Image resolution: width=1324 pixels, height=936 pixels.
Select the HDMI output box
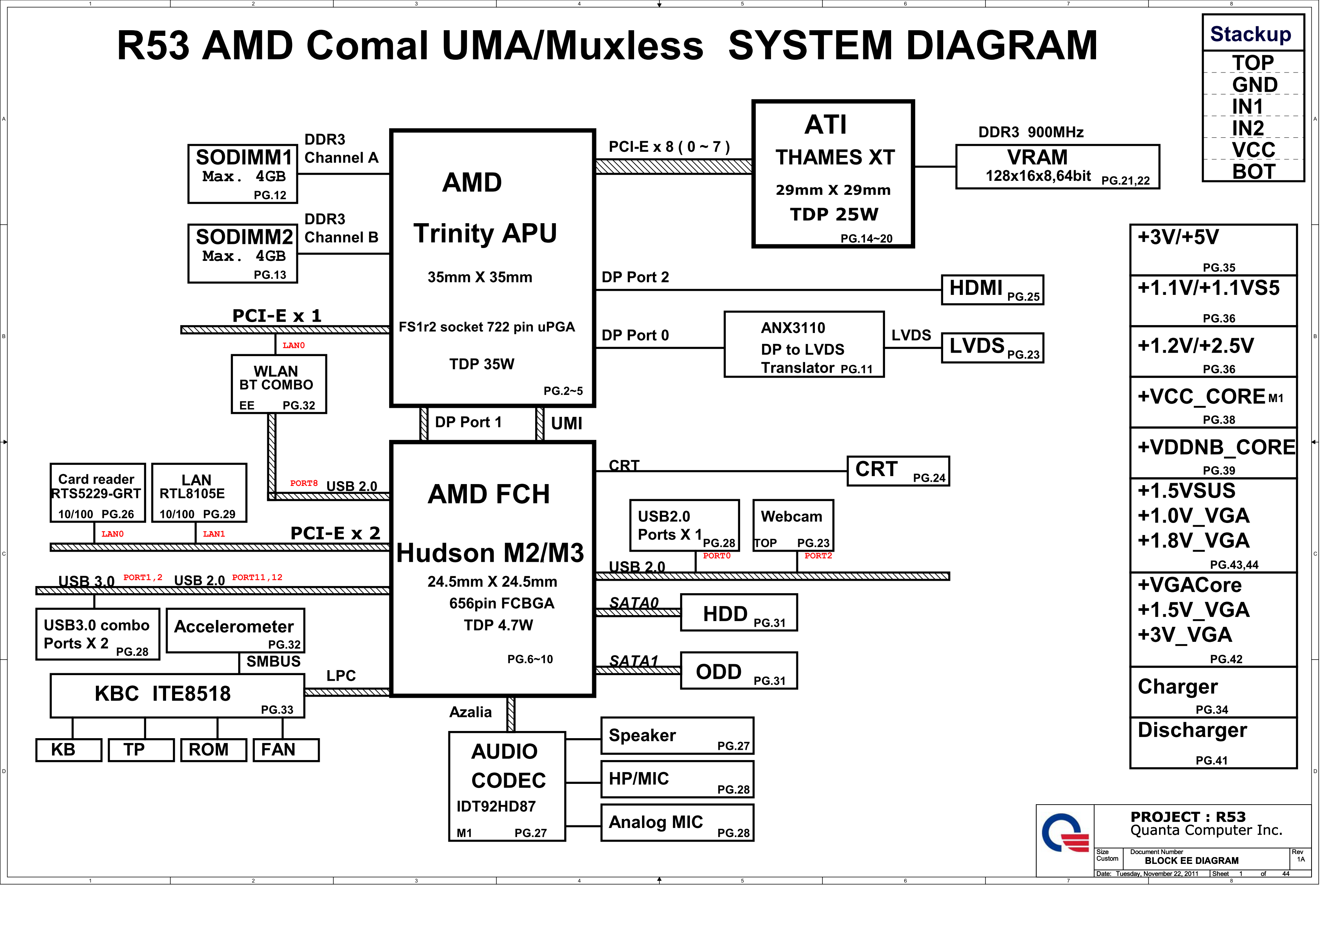(x=992, y=290)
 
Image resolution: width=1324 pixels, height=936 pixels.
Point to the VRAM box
(x=1057, y=167)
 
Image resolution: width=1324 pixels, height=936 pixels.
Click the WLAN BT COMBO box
(x=279, y=384)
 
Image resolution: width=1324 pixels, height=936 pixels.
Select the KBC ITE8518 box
(x=177, y=695)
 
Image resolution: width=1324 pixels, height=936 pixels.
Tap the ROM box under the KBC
(x=213, y=750)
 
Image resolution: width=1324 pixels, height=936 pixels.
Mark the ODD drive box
(x=739, y=671)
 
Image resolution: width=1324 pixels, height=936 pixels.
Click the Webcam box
(x=793, y=525)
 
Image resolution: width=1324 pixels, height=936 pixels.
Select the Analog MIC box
(x=677, y=823)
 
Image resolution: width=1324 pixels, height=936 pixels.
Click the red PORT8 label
(x=304, y=483)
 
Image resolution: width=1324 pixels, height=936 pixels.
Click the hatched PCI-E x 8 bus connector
(x=673, y=167)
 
